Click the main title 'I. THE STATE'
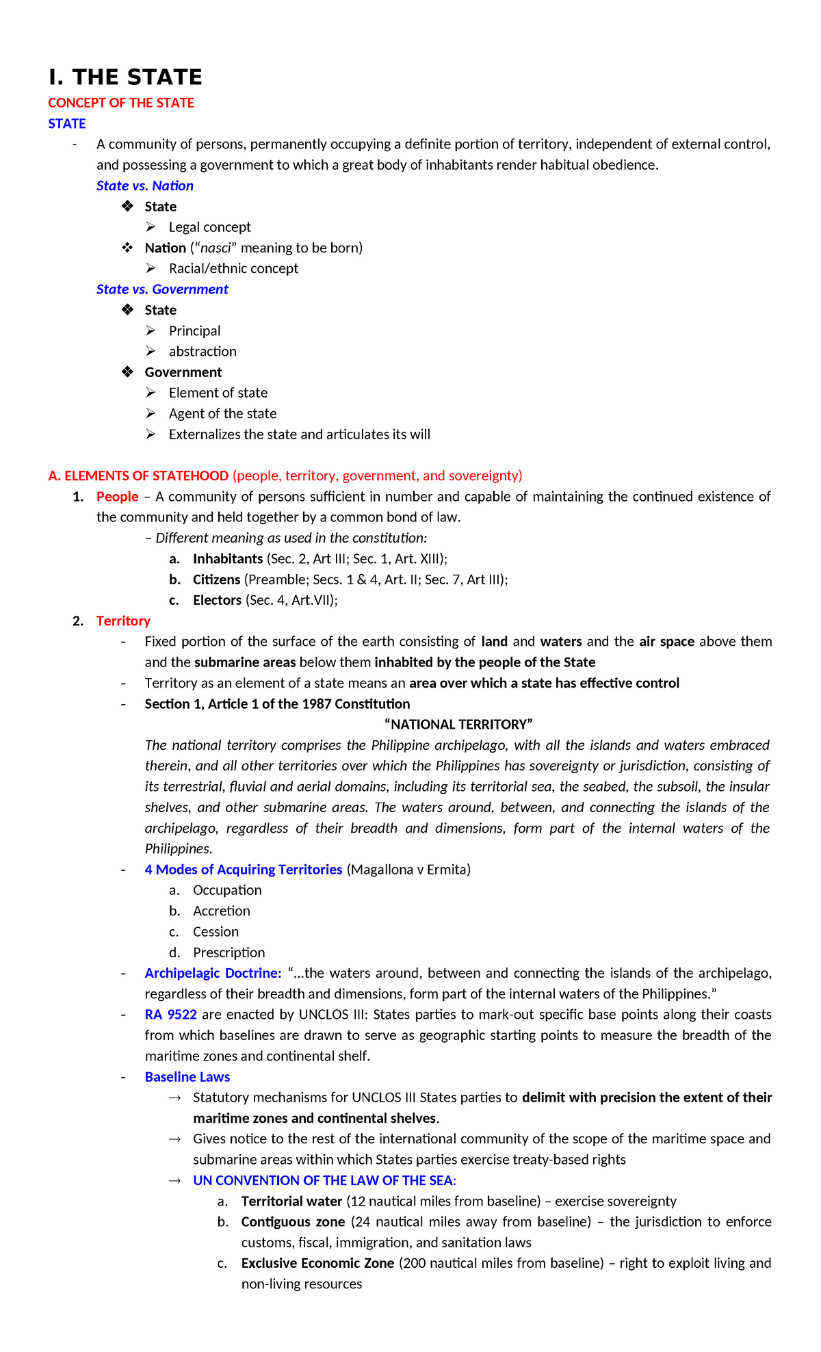[x=125, y=77]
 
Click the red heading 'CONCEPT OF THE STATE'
[x=121, y=103]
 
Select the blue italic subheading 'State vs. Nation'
[x=145, y=185]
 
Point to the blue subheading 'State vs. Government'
[x=162, y=289]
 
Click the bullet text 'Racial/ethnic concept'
[x=233, y=268]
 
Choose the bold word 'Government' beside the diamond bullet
[x=183, y=372]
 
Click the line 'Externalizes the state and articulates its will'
[x=299, y=434]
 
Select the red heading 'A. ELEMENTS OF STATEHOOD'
[x=138, y=476]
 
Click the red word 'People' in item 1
[x=118, y=497]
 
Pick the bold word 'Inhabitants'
[x=228, y=559]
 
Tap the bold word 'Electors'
[x=217, y=600]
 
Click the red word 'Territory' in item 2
[x=123, y=621]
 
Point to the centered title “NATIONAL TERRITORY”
[x=458, y=725]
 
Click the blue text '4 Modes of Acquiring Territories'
[x=243, y=870]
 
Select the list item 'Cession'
[x=216, y=932]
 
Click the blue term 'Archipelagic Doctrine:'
[x=213, y=973]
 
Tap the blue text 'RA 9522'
[x=171, y=1015]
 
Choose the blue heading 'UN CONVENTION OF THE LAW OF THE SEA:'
[x=324, y=1180]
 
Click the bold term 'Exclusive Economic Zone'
[x=317, y=1263]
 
